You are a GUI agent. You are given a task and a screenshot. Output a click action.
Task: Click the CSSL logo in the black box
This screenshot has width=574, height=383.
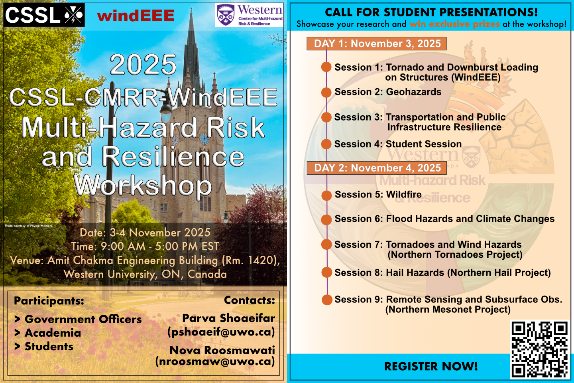click(x=44, y=15)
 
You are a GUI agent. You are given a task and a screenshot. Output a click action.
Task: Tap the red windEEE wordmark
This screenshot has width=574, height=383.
click(x=136, y=16)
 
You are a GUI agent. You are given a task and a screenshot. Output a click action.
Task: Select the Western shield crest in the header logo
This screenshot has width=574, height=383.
click(x=226, y=15)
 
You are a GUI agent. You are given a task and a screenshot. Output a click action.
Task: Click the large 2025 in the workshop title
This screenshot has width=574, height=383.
click(x=143, y=64)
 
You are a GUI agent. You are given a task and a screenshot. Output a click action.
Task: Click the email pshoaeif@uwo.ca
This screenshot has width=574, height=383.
click(x=221, y=332)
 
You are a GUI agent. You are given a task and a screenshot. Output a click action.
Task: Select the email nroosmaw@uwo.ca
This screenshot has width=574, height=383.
click(x=215, y=361)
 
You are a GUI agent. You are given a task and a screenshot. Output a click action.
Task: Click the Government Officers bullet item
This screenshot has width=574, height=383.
click(x=78, y=320)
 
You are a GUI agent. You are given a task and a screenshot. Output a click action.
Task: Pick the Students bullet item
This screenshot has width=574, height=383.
click(x=44, y=347)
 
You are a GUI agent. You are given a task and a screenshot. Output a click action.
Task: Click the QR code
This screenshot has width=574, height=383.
click(x=539, y=349)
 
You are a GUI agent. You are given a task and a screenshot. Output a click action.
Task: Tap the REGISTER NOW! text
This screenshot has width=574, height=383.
click(x=431, y=366)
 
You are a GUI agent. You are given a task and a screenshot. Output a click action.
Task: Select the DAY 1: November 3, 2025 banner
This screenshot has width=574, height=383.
click(x=377, y=43)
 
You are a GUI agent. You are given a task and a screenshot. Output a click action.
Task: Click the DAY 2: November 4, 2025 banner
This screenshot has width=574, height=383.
click(x=377, y=168)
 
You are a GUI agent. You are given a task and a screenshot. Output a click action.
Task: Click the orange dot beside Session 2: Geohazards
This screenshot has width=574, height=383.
click(x=326, y=92)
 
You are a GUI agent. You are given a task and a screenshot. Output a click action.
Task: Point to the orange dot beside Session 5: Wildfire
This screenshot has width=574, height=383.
click(x=326, y=195)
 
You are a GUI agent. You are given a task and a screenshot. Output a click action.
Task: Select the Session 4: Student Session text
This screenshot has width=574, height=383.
click(x=398, y=144)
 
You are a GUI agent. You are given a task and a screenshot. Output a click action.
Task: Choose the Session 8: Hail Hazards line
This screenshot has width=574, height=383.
click(x=443, y=273)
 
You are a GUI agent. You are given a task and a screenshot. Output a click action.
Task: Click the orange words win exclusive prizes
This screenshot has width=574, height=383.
click(x=454, y=24)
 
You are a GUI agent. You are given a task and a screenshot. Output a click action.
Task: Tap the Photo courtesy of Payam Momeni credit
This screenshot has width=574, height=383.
click(x=29, y=226)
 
